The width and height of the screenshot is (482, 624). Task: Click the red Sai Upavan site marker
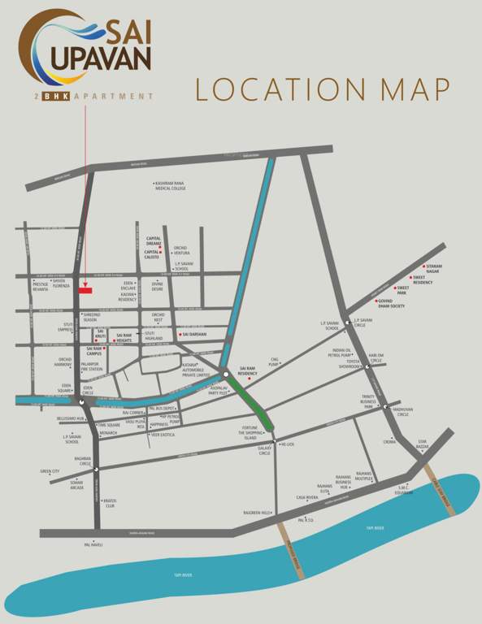[85, 289]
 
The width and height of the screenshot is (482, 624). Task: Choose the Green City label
[50, 471]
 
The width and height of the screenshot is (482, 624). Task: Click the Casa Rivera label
[307, 496]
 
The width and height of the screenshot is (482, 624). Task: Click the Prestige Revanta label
[41, 286]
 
